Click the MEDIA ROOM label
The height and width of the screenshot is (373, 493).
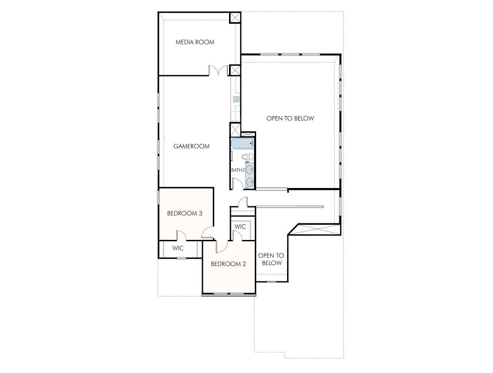(x=195, y=42)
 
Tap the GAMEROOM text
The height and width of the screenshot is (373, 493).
(x=192, y=146)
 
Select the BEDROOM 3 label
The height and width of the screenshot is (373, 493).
(x=185, y=213)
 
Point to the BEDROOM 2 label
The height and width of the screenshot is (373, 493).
(x=229, y=264)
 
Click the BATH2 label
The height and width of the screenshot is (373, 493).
(x=238, y=170)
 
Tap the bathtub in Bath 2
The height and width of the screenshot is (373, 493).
(x=242, y=143)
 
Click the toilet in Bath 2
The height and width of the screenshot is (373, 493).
(x=246, y=156)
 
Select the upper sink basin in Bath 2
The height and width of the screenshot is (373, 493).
(x=250, y=169)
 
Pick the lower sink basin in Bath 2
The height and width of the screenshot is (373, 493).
(x=250, y=181)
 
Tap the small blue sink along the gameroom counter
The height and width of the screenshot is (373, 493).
(x=236, y=99)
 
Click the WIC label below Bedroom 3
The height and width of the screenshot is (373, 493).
(x=178, y=248)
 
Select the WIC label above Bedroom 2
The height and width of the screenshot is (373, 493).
(x=240, y=227)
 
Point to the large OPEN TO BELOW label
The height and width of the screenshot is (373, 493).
(x=290, y=118)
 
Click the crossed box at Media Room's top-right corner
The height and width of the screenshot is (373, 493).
(x=235, y=17)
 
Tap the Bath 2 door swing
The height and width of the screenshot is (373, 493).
(x=237, y=184)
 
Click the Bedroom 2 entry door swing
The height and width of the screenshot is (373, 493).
(x=221, y=246)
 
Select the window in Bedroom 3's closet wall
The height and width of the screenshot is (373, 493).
(x=181, y=258)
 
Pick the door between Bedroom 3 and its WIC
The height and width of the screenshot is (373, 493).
(x=181, y=236)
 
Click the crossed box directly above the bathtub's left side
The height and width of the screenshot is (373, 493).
(x=235, y=129)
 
